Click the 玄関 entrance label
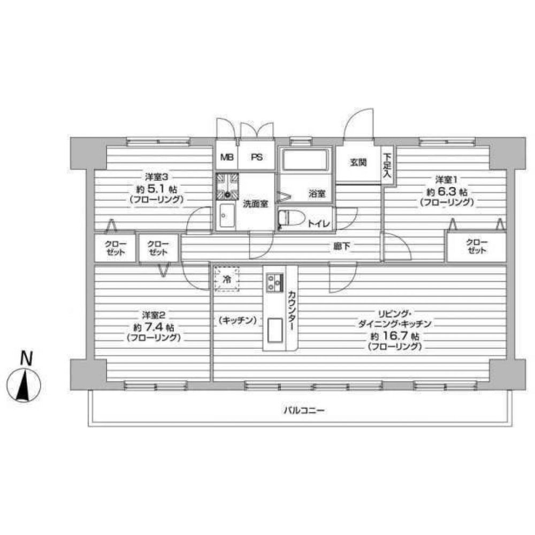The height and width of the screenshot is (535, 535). click(x=358, y=163)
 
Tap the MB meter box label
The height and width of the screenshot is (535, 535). click(x=227, y=158)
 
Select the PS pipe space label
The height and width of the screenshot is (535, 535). click(x=257, y=158)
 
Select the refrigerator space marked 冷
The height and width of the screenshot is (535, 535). click(x=227, y=279)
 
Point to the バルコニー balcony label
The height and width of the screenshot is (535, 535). click(x=305, y=411)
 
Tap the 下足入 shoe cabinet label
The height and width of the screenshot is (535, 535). click(x=387, y=166)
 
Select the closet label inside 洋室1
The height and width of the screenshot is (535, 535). click(x=477, y=247)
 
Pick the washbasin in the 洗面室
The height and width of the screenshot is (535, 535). click(x=227, y=217)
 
